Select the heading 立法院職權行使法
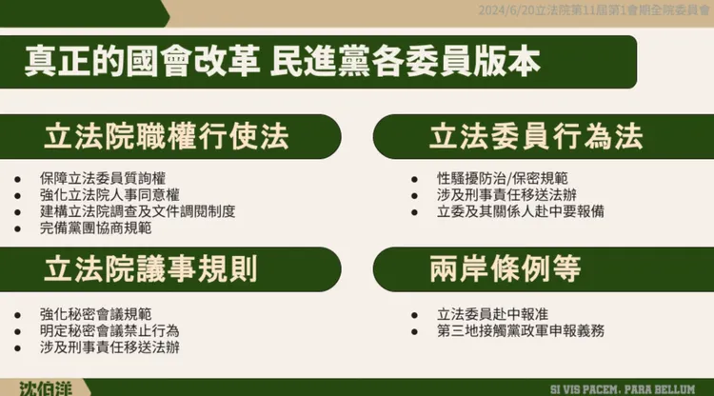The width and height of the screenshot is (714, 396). click(x=166, y=136)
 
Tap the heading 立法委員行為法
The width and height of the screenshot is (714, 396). click(x=535, y=136)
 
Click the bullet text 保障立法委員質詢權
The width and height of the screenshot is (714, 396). click(x=103, y=178)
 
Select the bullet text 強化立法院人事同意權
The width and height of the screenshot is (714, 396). click(x=109, y=194)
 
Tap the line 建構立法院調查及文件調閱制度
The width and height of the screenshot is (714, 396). click(x=137, y=210)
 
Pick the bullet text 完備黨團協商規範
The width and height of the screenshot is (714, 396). click(x=95, y=228)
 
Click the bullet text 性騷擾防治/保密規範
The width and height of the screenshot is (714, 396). click(x=503, y=178)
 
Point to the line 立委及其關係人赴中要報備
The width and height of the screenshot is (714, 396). click(x=520, y=211)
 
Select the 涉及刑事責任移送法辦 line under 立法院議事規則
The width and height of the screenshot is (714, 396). click(x=109, y=346)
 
